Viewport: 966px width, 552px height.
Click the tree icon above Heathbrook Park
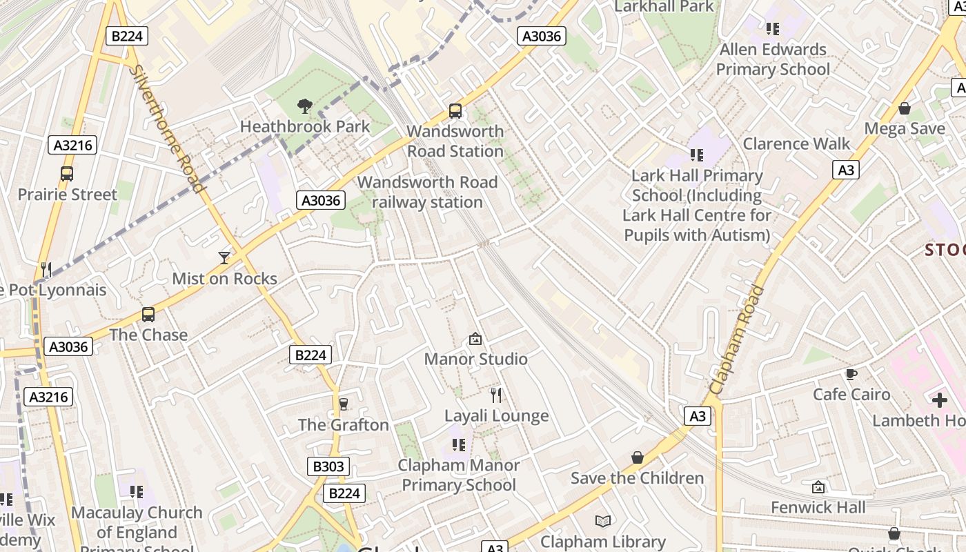click(x=304, y=106)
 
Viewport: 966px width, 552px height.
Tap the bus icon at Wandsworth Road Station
click(x=455, y=110)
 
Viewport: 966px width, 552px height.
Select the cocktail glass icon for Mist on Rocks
click(x=224, y=258)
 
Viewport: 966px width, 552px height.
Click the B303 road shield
click(x=328, y=466)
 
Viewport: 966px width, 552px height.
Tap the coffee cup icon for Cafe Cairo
click(x=851, y=374)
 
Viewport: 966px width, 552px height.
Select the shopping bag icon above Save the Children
click(x=638, y=457)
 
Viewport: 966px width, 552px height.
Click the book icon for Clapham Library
click(x=603, y=521)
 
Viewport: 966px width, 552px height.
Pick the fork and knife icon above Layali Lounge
click(x=495, y=395)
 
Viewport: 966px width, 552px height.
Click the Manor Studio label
click(x=475, y=359)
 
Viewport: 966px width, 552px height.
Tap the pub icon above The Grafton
click(x=343, y=404)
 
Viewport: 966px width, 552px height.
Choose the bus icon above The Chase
click(x=148, y=315)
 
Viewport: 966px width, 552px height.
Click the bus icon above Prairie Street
click(x=67, y=174)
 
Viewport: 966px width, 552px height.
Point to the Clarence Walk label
click(x=796, y=144)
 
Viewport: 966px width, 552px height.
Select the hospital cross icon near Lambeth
click(x=939, y=400)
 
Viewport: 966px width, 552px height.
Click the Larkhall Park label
click(x=663, y=7)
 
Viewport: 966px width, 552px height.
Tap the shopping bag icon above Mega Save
click(x=905, y=108)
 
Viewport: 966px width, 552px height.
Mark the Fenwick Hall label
click(x=818, y=508)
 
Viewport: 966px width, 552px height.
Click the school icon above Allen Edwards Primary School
click(x=772, y=29)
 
